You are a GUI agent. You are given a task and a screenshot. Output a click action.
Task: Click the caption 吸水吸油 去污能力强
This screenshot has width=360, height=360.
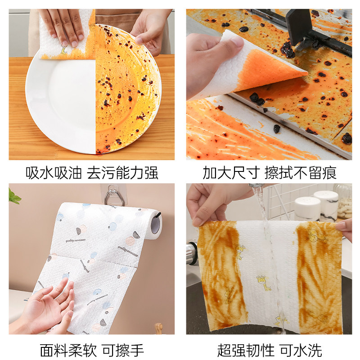click(92, 172)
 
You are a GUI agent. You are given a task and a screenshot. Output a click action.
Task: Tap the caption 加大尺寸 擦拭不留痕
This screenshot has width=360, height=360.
click(269, 172)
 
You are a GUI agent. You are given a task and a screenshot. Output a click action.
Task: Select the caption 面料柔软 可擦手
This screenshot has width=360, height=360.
click(92, 349)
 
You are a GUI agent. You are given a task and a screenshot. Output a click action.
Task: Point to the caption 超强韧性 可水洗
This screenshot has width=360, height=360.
click(269, 349)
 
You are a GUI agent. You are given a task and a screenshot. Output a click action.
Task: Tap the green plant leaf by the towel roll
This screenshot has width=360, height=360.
click(13, 197)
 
